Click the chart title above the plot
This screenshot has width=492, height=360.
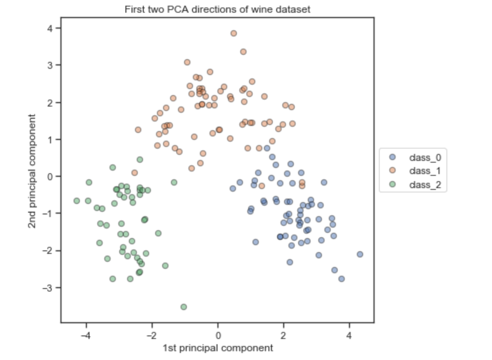click(217, 9)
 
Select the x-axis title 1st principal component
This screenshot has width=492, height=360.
click(217, 348)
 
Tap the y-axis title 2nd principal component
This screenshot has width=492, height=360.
click(32, 171)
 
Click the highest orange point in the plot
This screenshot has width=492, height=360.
click(234, 33)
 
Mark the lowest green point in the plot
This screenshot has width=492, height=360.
click(184, 307)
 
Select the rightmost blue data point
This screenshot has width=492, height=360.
click(360, 254)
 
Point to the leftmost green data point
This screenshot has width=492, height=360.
click(77, 201)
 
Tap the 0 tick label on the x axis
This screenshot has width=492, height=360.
click(217, 336)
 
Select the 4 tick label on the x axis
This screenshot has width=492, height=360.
click(349, 336)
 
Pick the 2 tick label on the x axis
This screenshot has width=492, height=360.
click(283, 336)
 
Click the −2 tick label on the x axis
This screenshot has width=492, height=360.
click(151, 336)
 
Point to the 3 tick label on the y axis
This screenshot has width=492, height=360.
click(51, 65)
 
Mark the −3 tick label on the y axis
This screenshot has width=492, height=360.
click(49, 288)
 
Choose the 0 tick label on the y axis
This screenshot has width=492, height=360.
click(51, 177)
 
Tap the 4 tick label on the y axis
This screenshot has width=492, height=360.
click(51, 28)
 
